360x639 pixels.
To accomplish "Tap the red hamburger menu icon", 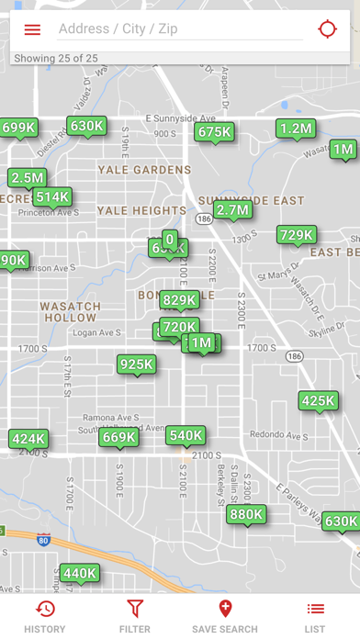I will (x=32, y=29).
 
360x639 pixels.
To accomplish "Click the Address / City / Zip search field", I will (x=179, y=29).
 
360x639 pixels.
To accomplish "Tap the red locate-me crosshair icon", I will (x=328, y=29).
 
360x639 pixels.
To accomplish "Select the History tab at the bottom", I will (x=45, y=616).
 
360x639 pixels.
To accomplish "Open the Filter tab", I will (x=135, y=616).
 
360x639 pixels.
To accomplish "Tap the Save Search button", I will (x=225, y=616).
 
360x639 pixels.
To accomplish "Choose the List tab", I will (x=315, y=616).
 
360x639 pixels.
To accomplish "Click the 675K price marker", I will (x=214, y=132).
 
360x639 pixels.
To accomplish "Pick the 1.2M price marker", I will (x=296, y=129).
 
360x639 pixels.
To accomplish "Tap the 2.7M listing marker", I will (x=232, y=210).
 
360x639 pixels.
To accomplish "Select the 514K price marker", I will (x=52, y=196).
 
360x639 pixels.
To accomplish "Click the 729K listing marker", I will (x=297, y=235).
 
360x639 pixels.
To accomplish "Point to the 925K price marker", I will (x=136, y=364).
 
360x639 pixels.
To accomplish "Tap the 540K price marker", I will (x=186, y=435).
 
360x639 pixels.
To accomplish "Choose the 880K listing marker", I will (x=246, y=515).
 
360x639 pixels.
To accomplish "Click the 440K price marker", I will (x=79, y=574).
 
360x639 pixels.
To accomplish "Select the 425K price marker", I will (x=318, y=400).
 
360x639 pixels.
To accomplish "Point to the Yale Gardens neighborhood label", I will (x=144, y=170).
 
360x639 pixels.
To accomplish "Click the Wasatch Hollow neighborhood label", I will (x=70, y=311).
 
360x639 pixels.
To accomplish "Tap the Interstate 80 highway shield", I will (x=43, y=541).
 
